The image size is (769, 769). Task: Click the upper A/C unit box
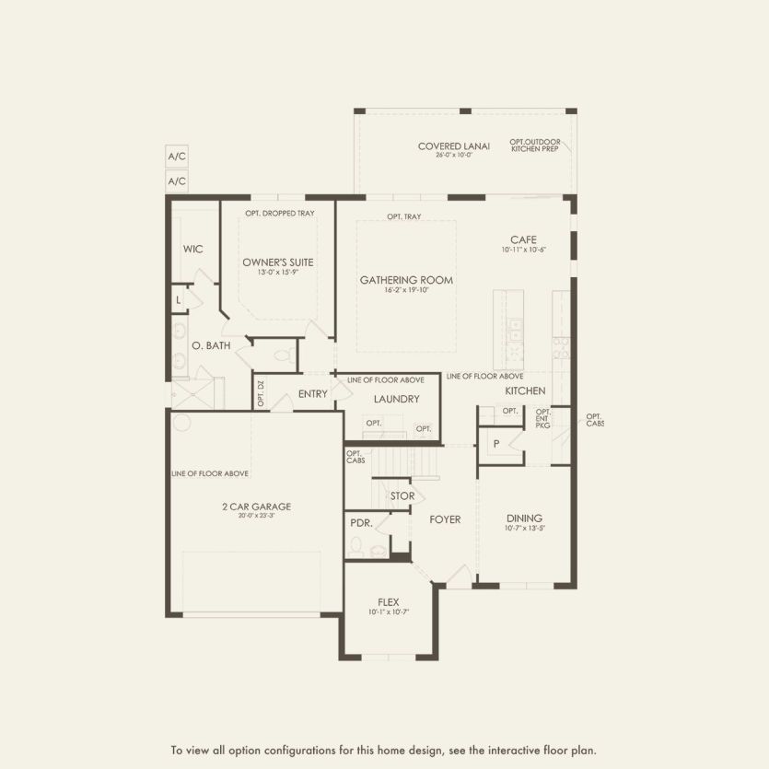click(177, 157)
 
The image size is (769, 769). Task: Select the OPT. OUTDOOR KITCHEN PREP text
click(535, 146)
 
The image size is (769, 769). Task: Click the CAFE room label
click(523, 239)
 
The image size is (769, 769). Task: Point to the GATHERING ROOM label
click(406, 280)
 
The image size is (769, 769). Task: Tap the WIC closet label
click(192, 250)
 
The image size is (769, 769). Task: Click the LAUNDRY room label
click(396, 399)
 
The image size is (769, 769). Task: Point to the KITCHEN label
click(525, 390)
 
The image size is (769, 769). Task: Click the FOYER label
click(445, 519)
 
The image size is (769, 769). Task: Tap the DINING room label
click(524, 518)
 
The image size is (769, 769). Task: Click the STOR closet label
click(402, 496)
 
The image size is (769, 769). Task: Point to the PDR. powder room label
click(360, 522)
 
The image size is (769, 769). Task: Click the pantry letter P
click(496, 443)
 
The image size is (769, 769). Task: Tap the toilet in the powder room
click(356, 547)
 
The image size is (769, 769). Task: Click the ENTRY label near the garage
click(313, 394)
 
